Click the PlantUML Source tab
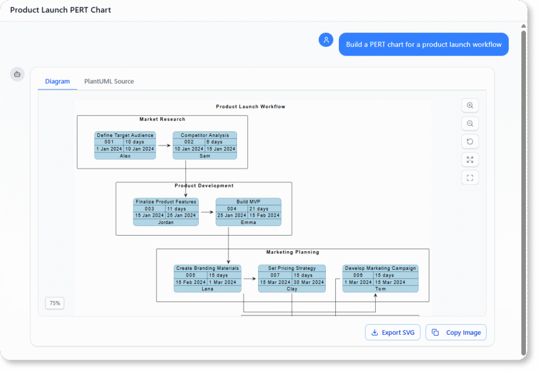click(109, 81)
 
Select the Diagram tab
click(57, 81)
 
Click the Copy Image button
click(456, 332)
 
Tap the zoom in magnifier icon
click(470, 105)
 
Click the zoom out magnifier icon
click(470, 124)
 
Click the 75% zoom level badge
click(55, 303)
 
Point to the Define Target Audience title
click(125, 135)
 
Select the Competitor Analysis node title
click(205, 135)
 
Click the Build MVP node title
click(248, 201)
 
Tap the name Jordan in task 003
click(165, 222)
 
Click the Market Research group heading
click(162, 119)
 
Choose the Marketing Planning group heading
click(293, 252)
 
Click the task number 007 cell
click(275, 275)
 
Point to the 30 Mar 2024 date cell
click(308, 282)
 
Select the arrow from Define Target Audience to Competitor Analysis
click(164, 145)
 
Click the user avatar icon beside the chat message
click(326, 40)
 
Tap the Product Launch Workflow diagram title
click(251, 107)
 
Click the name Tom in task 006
click(380, 289)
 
